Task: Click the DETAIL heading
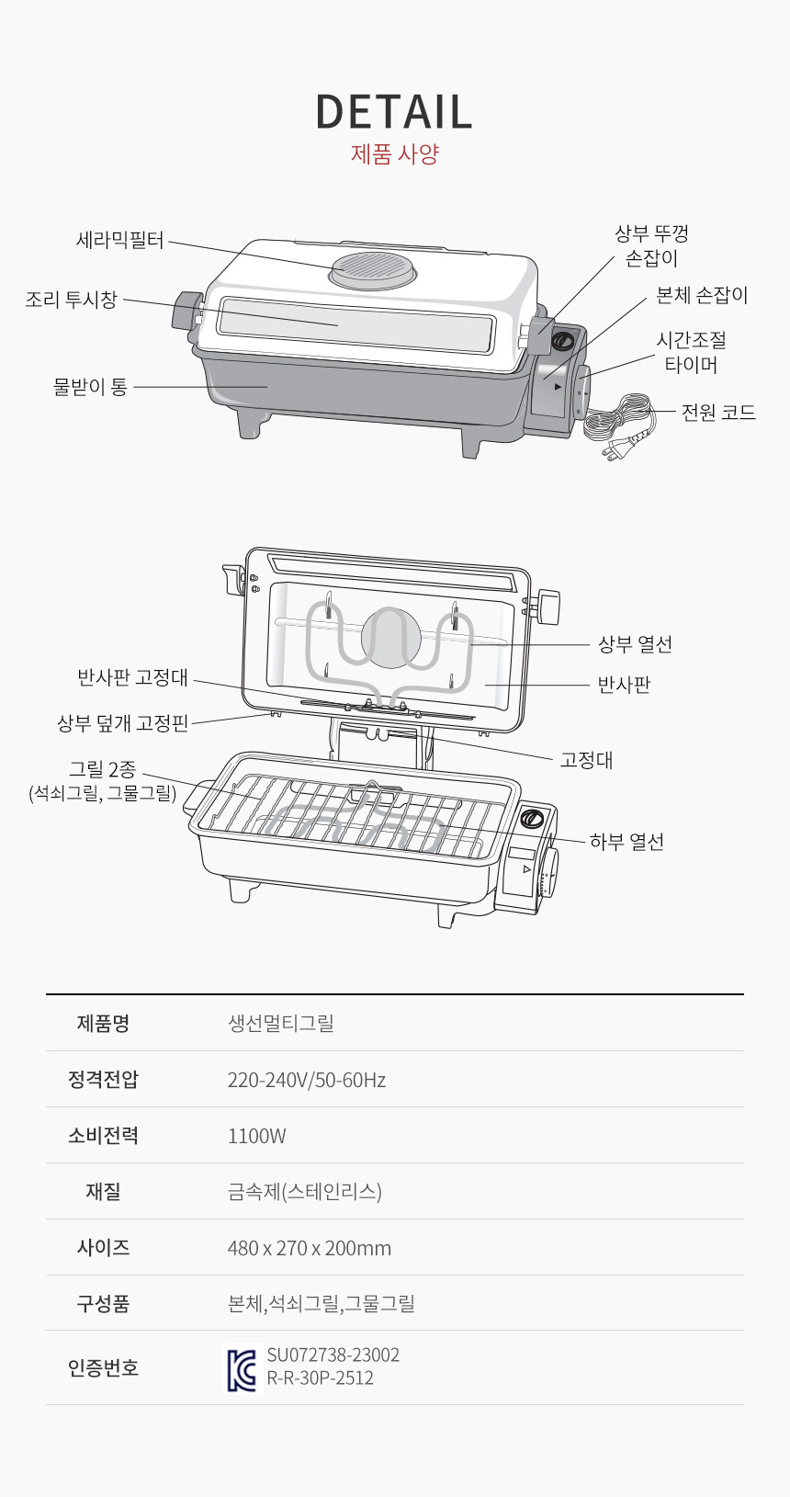pos(394,111)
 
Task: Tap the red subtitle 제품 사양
pos(395,153)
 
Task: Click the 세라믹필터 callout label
pos(120,239)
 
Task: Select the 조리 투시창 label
pos(72,299)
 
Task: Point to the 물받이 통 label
pos(90,386)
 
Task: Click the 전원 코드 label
pos(718,413)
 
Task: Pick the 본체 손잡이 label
pos(702,295)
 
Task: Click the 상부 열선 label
pos(635,644)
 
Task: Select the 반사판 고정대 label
pos(133,677)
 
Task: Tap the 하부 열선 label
pos(626,842)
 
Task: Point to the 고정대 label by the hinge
pos(586,760)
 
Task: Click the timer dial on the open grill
pos(550,876)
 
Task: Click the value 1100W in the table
pos(256,1136)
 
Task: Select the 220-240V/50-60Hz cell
pos(307,1080)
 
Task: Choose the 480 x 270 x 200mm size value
pos(310,1248)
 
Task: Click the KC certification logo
pos(242,1367)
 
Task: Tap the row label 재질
pos(103,1191)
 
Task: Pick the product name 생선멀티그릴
pos(280,1023)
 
